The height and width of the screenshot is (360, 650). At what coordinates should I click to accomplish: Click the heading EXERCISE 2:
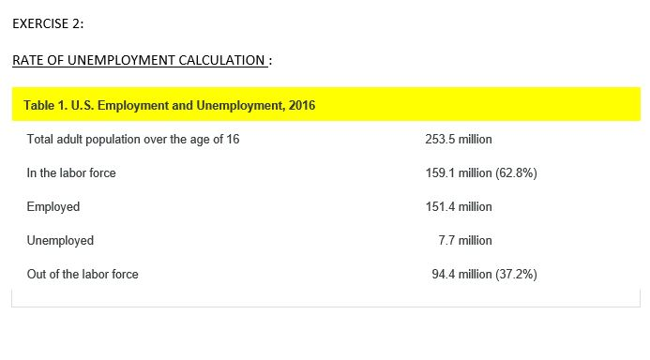tap(54, 23)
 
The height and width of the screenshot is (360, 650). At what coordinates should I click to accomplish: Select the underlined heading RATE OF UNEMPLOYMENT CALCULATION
tap(139, 61)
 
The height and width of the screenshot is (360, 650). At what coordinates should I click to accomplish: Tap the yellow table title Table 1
tap(41, 105)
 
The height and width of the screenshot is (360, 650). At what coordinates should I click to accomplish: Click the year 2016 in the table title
tap(302, 105)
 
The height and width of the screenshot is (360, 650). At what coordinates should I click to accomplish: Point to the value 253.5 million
tap(458, 140)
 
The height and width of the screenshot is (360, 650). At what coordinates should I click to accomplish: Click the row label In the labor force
tap(71, 173)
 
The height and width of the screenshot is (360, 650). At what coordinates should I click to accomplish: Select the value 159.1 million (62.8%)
tap(480, 173)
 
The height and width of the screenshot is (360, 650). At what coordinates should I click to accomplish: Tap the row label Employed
tap(53, 207)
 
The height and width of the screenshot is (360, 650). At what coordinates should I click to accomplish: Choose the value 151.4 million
tap(458, 207)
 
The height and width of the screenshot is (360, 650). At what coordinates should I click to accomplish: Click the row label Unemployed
tap(61, 241)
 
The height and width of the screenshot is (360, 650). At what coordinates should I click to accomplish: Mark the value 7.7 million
tap(464, 241)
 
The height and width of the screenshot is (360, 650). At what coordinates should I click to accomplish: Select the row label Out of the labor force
tap(83, 275)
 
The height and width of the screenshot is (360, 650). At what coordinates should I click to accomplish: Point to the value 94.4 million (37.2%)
tap(484, 275)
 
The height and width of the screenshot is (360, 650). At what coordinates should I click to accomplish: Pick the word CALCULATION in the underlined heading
tap(223, 61)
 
